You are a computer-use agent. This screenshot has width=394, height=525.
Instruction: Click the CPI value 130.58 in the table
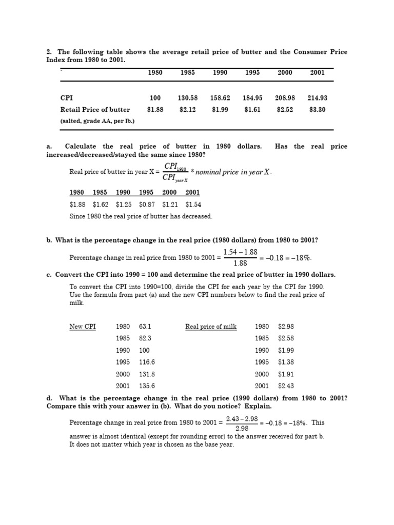pyautogui.click(x=187, y=98)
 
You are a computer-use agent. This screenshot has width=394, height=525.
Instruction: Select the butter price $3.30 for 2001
pyautogui.click(x=317, y=109)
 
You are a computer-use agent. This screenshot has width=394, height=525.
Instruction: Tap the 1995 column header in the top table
pyautogui.click(x=252, y=73)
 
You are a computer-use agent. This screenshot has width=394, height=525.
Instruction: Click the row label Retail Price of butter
pyautogui.click(x=95, y=109)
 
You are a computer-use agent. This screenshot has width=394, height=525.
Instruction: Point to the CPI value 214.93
pyautogui.click(x=317, y=98)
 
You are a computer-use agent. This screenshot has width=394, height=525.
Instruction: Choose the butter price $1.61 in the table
pyautogui.click(x=252, y=109)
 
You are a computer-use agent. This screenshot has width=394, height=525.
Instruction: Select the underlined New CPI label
pyautogui.click(x=83, y=327)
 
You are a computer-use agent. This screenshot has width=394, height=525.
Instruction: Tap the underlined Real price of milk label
pyautogui.click(x=211, y=327)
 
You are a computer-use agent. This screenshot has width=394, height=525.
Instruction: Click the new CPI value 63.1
pyautogui.click(x=145, y=327)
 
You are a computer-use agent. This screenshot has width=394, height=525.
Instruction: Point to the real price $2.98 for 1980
pyautogui.click(x=286, y=327)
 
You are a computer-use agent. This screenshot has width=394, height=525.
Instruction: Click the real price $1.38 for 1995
pyautogui.click(x=286, y=362)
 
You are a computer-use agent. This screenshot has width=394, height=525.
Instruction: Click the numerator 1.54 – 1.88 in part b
pyautogui.click(x=240, y=253)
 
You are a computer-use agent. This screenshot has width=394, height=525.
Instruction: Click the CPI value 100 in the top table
pyautogui.click(x=155, y=98)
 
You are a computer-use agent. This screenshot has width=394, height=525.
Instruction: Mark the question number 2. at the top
pyautogui.click(x=49, y=52)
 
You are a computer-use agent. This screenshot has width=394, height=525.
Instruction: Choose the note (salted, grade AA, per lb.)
pyautogui.click(x=97, y=121)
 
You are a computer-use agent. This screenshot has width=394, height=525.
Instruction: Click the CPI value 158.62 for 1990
pyautogui.click(x=220, y=98)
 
